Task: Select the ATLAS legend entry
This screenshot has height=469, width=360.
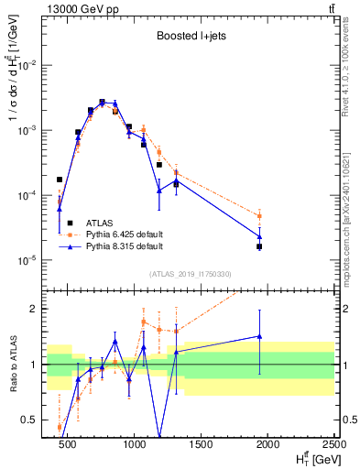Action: click(x=99, y=223)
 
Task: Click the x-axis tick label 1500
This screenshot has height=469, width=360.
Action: click(x=202, y=445)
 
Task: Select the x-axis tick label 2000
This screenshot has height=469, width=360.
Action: click(x=268, y=445)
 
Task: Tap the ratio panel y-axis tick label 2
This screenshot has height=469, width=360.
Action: click(x=38, y=309)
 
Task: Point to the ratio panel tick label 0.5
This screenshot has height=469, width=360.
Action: click(x=33, y=420)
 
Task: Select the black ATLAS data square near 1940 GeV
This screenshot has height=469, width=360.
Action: click(x=259, y=246)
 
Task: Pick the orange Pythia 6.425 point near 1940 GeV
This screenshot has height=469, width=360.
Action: click(x=259, y=216)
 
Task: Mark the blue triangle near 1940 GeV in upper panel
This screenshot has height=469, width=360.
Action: click(x=259, y=236)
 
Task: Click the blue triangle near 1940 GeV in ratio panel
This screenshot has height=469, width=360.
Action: click(x=259, y=336)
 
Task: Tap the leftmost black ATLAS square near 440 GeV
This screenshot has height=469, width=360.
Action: click(x=60, y=180)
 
